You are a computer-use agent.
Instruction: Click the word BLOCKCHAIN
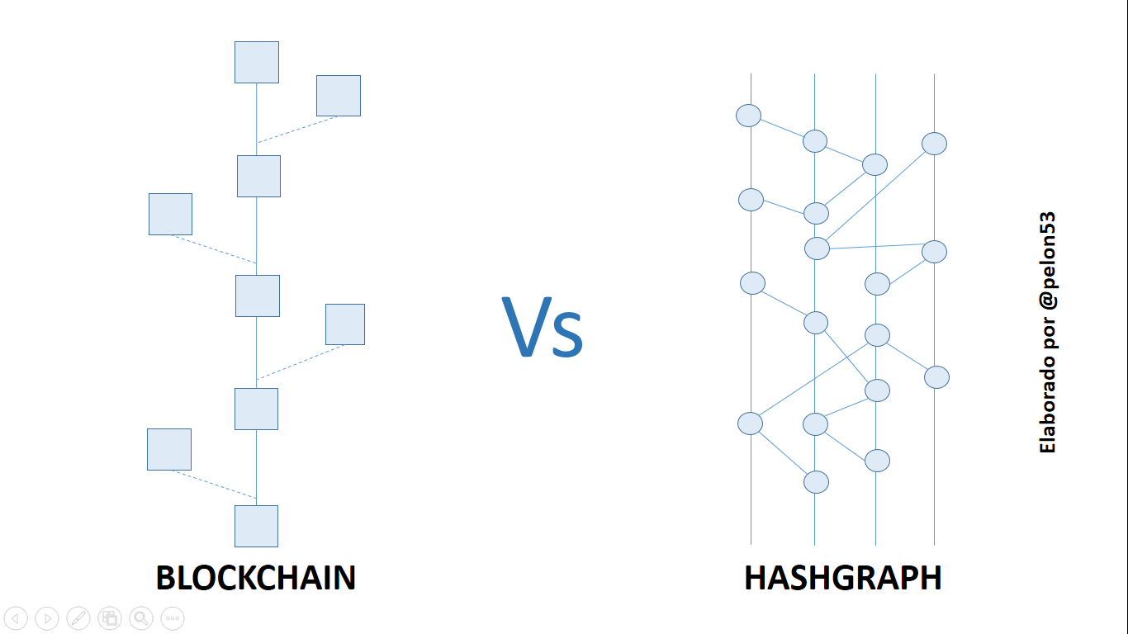256,578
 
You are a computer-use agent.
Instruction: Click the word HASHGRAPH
843,578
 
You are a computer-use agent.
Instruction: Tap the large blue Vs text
543,328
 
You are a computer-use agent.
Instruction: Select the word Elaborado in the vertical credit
1047,405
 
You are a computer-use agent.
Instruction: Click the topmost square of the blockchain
257,63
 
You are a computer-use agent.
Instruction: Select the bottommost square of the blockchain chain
256,526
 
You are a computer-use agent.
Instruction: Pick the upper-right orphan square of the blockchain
339,96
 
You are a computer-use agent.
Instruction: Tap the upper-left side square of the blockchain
170,214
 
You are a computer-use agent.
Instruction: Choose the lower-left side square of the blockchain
169,450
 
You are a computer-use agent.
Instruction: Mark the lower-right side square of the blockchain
345,324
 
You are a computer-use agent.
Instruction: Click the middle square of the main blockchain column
258,296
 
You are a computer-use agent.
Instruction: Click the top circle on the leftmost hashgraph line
748,116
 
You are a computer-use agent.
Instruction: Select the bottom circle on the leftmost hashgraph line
751,423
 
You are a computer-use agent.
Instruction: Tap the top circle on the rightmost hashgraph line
934,144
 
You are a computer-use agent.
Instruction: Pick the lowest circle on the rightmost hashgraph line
936,377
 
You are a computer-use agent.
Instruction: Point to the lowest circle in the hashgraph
817,482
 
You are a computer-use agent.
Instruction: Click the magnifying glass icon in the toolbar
141,617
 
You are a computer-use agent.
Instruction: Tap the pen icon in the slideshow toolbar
78,617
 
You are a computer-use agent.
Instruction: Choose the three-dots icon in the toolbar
173,617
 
